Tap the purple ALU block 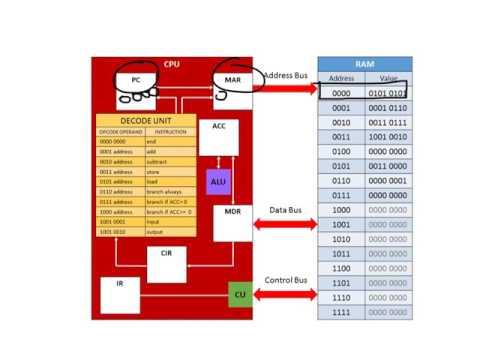[218, 182]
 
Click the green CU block [238, 295]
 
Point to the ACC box [218, 136]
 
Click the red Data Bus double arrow [284, 225]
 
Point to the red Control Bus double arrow [284, 295]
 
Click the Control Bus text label [284, 280]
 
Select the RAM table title [364, 62]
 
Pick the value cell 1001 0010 [387, 137]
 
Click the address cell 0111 [340, 196]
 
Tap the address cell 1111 [340, 313]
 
